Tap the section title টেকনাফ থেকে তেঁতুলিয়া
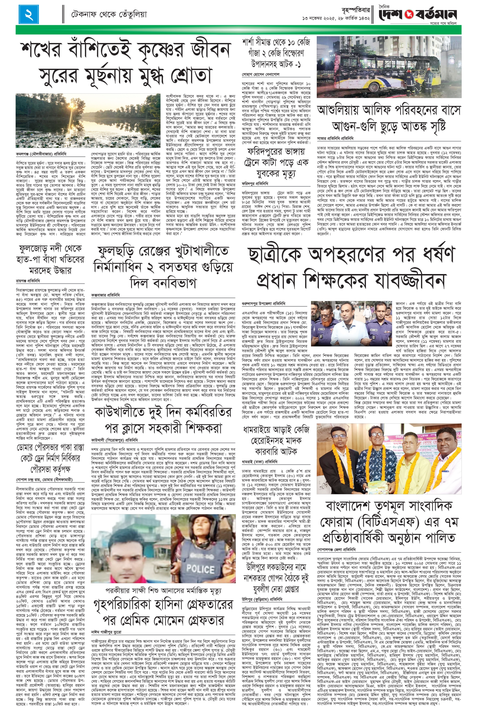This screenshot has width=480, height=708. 109,14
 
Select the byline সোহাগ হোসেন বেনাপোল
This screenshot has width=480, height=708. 261,74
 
